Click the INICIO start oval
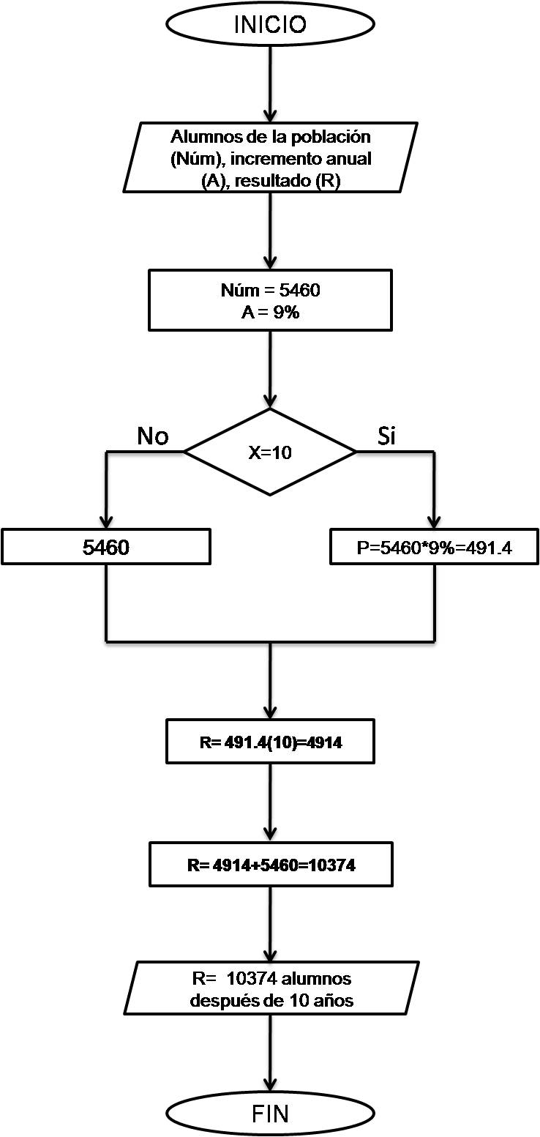click(270, 24)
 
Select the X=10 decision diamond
click(270, 452)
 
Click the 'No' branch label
click(153, 436)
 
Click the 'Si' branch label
click(386, 436)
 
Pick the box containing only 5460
click(106, 547)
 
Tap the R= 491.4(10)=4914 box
click(270, 742)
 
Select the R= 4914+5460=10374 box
click(270, 865)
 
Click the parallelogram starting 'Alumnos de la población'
click(270, 157)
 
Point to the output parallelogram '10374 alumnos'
click(270, 988)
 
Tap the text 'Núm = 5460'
click(270, 291)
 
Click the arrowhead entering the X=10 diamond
click(270, 400)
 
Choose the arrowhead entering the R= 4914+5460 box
click(270, 835)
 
